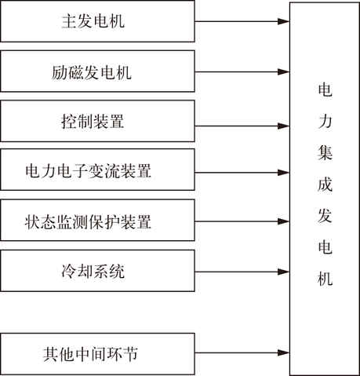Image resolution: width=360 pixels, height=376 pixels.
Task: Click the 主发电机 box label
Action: click(x=93, y=21)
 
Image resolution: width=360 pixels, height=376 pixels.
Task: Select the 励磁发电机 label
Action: click(x=92, y=72)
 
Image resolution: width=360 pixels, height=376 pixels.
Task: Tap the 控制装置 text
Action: click(x=93, y=122)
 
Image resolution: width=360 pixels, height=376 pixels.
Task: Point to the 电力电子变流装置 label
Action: click(x=88, y=171)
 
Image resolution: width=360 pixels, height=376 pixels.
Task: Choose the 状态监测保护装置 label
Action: click(x=88, y=222)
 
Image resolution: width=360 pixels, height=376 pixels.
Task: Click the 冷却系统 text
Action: click(x=93, y=271)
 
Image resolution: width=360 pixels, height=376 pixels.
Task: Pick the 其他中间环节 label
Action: click(x=90, y=354)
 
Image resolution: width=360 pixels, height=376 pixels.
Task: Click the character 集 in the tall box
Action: click(x=325, y=152)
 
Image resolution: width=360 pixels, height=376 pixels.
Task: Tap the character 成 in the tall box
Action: click(x=325, y=184)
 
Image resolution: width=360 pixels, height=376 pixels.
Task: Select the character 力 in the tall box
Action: click(x=325, y=121)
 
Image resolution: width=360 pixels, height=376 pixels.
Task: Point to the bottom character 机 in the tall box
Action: click(x=325, y=278)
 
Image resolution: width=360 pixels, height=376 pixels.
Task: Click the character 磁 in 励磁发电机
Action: click(x=76, y=72)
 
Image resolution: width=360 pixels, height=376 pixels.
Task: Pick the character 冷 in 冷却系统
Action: click(x=69, y=271)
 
